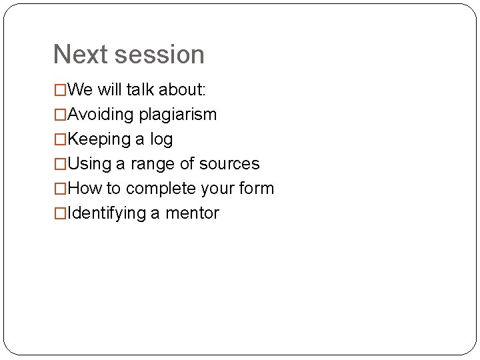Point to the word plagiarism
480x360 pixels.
point(178,115)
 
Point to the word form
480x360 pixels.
point(256,189)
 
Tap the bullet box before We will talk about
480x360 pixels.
point(60,89)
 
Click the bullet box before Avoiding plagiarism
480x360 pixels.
point(60,115)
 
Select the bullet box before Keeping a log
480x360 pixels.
point(60,139)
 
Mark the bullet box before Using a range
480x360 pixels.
point(60,164)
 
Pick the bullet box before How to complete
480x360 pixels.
point(60,189)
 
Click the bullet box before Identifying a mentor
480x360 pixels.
point(60,213)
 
